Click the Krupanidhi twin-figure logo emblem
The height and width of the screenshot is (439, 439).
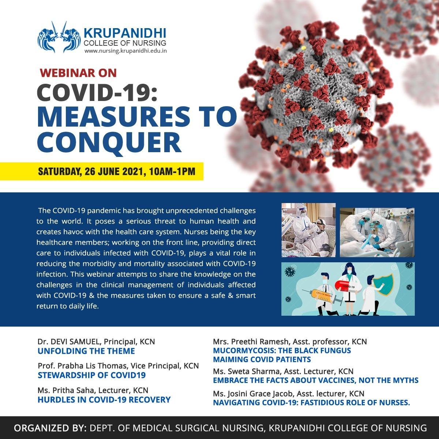pos(59,37)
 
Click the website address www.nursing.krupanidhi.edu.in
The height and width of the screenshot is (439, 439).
pos(125,51)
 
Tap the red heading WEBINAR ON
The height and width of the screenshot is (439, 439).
pos(78,73)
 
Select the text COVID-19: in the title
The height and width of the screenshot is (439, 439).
pos(97,93)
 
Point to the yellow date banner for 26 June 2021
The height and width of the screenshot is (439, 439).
pos(102,171)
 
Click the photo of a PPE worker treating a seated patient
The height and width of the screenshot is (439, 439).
pos(308,230)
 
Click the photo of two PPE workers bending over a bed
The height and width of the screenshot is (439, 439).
pos(377,232)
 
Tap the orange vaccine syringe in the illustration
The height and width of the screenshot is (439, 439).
pos(323,296)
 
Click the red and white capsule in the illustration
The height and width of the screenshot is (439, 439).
pos(346,285)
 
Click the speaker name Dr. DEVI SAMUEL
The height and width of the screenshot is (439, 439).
pos(69,342)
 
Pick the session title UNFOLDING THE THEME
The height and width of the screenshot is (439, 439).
pos(86,351)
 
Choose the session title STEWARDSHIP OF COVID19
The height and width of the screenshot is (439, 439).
pos(91,375)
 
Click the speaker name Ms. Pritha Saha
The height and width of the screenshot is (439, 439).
pos(67,390)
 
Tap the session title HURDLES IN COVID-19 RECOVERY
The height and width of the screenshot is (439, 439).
pos(104,399)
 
